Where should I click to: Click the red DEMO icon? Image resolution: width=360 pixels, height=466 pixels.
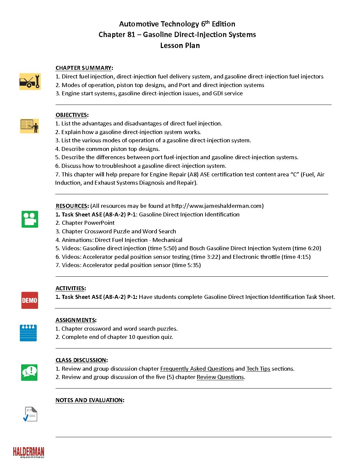pyautogui.click(x=30, y=300)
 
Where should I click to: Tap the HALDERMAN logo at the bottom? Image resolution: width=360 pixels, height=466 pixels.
pyautogui.click(x=28, y=452)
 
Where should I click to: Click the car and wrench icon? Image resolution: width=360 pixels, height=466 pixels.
pyautogui.click(x=30, y=81)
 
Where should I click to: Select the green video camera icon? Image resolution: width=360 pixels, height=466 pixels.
pyautogui.click(x=30, y=219)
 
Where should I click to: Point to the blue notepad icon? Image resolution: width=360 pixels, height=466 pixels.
pyautogui.click(x=28, y=333)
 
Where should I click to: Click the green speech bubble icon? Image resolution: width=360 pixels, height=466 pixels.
pyautogui.click(x=29, y=372)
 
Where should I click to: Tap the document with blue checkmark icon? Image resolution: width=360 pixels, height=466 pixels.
pyautogui.click(x=30, y=414)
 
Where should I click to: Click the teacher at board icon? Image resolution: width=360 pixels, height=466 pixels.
pyautogui.click(x=29, y=126)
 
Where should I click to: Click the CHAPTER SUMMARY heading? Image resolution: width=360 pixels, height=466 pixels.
pyautogui.click(x=84, y=68)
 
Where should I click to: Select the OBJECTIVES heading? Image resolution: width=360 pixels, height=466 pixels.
pyautogui.click(x=72, y=115)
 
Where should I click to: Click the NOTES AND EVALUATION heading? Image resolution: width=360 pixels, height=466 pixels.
pyautogui.click(x=90, y=400)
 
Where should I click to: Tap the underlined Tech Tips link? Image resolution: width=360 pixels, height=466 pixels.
pyautogui.click(x=258, y=369)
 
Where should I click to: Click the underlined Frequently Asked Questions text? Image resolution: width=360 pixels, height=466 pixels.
pyautogui.click(x=197, y=369)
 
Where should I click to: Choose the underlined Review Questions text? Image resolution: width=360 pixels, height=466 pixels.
pyautogui.click(x=220, y=377)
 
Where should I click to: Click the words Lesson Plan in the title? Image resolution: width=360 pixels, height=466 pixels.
pyautogui.click(x=180, y=45)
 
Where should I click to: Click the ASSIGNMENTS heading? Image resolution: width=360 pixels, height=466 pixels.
pyautogui.click(x=76, y=320)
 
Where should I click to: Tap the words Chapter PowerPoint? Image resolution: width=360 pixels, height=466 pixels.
pyautogui.click(x=88, y=223)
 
